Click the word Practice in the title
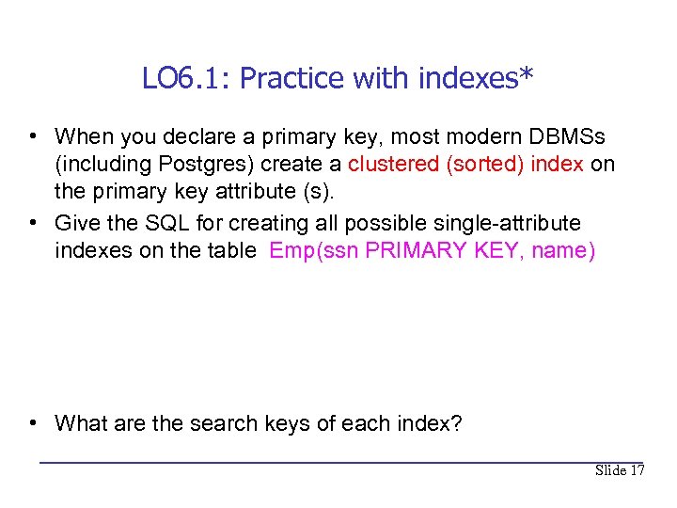[292, 78]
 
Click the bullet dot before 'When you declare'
[33, 137]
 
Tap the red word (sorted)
[485, 164]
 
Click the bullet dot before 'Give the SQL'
[33, 224]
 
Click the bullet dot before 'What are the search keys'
[33, 423]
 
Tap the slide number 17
[638, 470]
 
